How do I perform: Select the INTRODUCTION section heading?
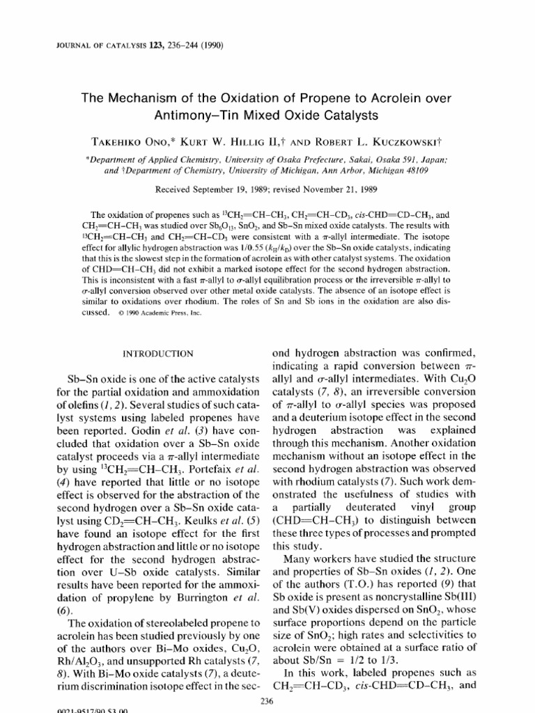point(158,354)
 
